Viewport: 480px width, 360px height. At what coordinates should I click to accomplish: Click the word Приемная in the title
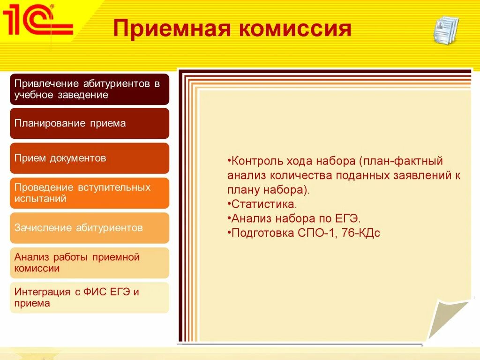172,29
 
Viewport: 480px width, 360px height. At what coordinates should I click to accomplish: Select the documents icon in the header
446,30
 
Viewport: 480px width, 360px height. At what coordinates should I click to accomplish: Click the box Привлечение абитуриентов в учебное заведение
90,89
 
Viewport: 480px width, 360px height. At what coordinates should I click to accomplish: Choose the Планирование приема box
90,123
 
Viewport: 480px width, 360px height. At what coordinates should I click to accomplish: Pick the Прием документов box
90,158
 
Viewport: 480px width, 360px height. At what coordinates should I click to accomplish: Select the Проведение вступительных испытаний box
90,193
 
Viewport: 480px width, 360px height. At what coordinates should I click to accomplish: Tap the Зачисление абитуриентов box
90,228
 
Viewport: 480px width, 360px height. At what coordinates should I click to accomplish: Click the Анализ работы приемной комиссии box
90,263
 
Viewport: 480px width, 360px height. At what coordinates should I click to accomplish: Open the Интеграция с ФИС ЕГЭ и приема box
90,298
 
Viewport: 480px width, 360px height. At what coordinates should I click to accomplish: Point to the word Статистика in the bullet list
264,204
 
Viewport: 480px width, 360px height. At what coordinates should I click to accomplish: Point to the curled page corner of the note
449,318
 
